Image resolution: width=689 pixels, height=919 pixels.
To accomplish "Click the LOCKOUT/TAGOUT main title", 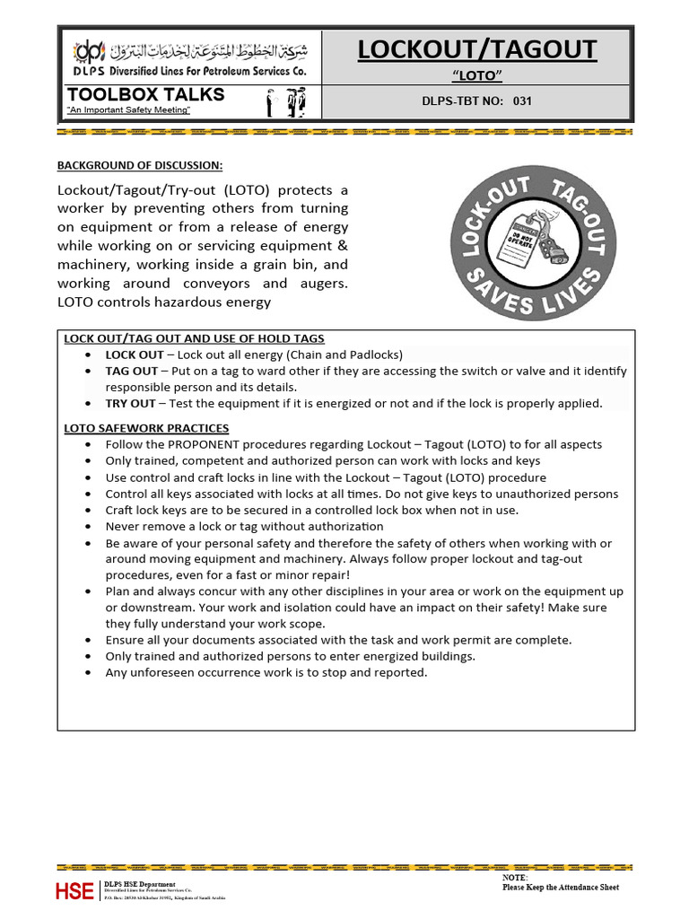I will (477, 49).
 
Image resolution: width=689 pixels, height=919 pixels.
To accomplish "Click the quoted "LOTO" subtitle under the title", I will (476, 76).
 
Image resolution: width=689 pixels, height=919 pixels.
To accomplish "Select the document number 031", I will (522, 101).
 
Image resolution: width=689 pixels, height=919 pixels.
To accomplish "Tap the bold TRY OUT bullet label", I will (130, 403).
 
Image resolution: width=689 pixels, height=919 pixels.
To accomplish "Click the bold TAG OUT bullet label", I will (131, 371).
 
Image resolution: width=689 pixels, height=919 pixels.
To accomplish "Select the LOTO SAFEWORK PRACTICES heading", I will (146, 428).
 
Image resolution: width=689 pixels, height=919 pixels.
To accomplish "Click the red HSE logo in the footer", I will (74, 890).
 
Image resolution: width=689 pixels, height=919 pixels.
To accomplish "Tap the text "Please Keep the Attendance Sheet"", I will (560, 888).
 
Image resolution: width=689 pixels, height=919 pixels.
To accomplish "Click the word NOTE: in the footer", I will (515, 877).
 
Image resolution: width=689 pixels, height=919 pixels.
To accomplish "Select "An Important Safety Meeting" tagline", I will (128, 109).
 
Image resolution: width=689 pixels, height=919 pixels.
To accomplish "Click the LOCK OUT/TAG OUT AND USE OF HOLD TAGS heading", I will (194, 338).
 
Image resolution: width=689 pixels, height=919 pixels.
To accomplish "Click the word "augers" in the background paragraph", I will (320, 284).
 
